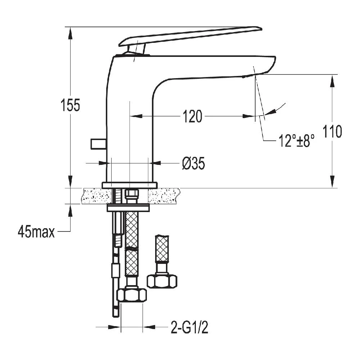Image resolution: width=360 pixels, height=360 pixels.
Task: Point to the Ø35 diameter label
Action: click(x=193, y=164)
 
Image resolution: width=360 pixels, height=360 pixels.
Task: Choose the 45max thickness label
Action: click(x=36, y=232)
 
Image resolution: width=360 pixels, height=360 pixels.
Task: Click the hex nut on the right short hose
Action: click(x=162, y=281)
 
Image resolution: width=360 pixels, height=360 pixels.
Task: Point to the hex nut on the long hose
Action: click(x=132, y=295)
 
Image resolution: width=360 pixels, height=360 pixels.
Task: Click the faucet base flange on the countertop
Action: click(x=130, y=185)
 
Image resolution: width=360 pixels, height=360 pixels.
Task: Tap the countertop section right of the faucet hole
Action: click(x=164, y=196)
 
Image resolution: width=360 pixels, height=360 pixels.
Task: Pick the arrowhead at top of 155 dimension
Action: click(x=71, y=32)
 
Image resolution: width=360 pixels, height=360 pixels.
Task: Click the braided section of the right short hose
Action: click(x=162, y=248)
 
